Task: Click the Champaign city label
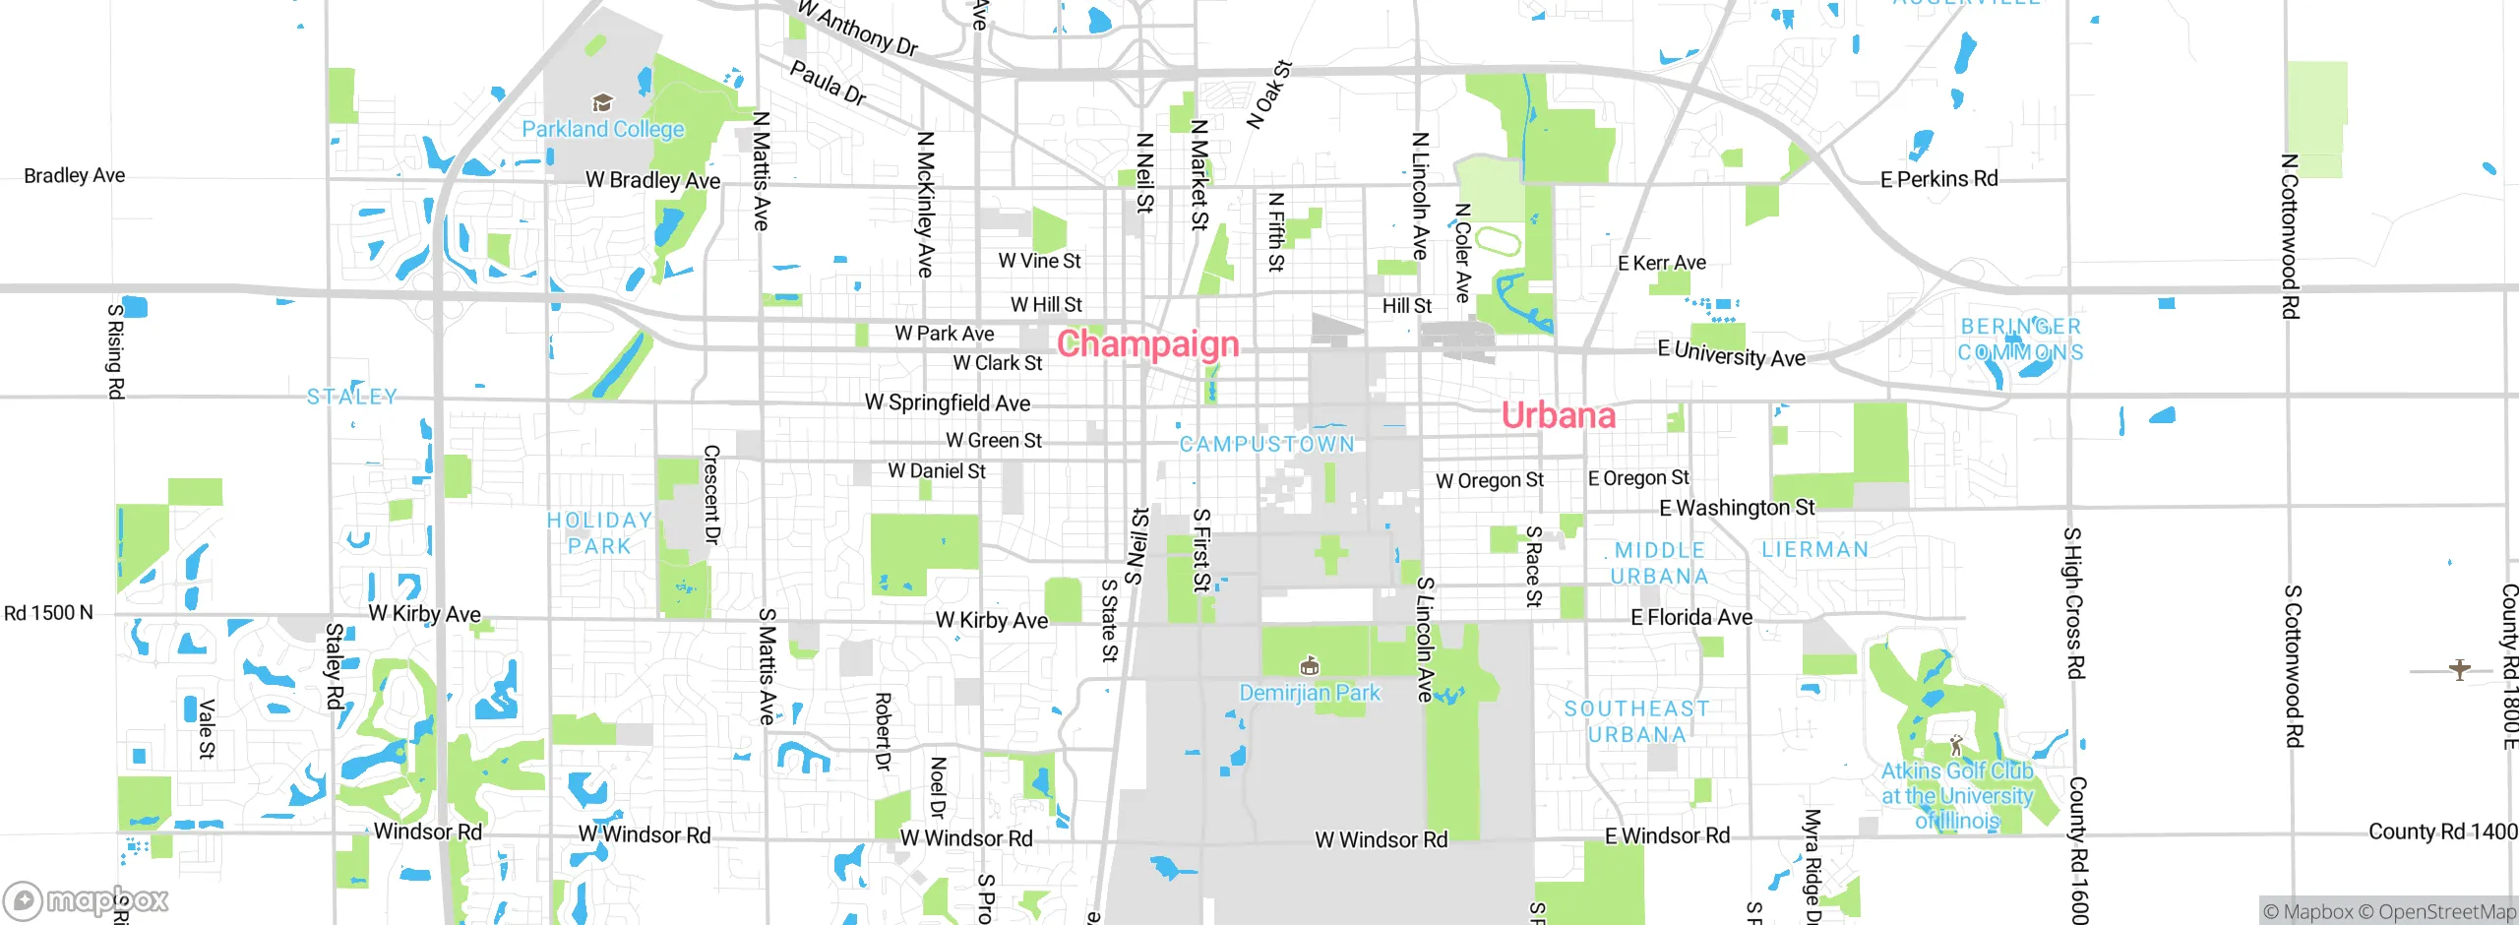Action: [x=1147, y=343]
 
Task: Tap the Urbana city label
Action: [x=1558, y=415]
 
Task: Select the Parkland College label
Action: [x=602, y=129]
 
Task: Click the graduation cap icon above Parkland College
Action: [x=602, y=102]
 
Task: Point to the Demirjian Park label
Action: [x=1309, y=693]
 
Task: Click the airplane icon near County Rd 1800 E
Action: [x=2459, y=670]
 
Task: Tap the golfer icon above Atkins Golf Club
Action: [x=1956, y=746]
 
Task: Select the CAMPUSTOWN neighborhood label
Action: [x=1266, y=444]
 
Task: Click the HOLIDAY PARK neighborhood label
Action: [x=599, y=532]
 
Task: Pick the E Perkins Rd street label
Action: [x=1938, y=179]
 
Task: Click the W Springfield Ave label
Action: [x=947, y=402]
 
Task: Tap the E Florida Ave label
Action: [x=1690, y=617]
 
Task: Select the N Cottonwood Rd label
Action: [x=2290, y=236]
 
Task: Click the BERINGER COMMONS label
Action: [x=2020, y=339]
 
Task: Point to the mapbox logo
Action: [x=87, y=899]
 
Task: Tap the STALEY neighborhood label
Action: [x=351, y=397]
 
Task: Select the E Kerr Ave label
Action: [x=1661, y=263]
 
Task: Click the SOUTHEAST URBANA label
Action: [x=1636, y=721]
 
